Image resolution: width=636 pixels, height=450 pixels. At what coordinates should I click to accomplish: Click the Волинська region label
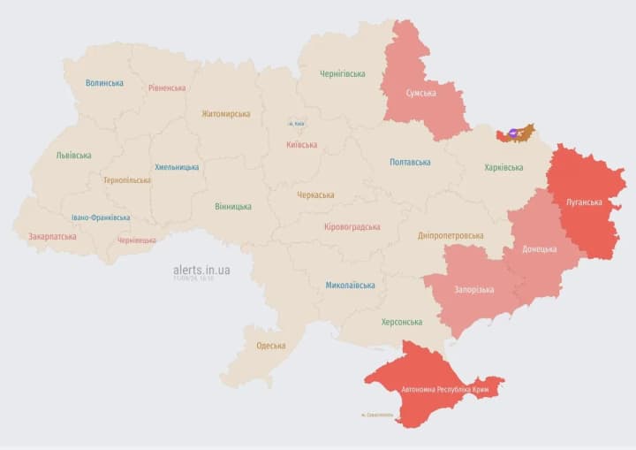tap(104, 83)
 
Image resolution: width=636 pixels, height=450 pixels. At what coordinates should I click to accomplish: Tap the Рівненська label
tap(167, 88)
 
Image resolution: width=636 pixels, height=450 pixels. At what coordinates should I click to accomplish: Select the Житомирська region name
tap(225, 113)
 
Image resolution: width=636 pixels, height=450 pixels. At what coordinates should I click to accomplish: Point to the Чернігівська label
tap(342, 73)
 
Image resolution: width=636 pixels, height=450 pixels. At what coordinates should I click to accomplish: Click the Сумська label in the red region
tap(420, 93)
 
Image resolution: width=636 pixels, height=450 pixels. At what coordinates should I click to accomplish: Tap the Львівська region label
tap(73, 155)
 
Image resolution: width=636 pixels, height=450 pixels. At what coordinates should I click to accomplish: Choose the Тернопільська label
tap(126, 179)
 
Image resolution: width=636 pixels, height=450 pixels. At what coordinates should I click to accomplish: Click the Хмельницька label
tap(177, 166)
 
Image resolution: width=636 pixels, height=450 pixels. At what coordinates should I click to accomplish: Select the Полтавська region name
tap(410, 162)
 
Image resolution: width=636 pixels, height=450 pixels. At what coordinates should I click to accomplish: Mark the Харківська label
tap(503, 167)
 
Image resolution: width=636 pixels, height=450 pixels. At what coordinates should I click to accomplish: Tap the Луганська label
tap(584, 202)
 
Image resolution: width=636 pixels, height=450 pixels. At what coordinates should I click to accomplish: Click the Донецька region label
tap(540, 248)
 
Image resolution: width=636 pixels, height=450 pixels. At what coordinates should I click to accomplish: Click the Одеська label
tap(270, 346)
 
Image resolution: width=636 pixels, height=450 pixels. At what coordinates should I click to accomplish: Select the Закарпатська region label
tap(52, 236)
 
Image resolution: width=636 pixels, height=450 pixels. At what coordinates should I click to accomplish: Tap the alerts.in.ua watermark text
tap(201, 270)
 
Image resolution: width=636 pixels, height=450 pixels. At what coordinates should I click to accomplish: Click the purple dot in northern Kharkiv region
tap(513, 133)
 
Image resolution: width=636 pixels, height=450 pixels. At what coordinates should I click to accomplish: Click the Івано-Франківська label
tap(101, 217)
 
